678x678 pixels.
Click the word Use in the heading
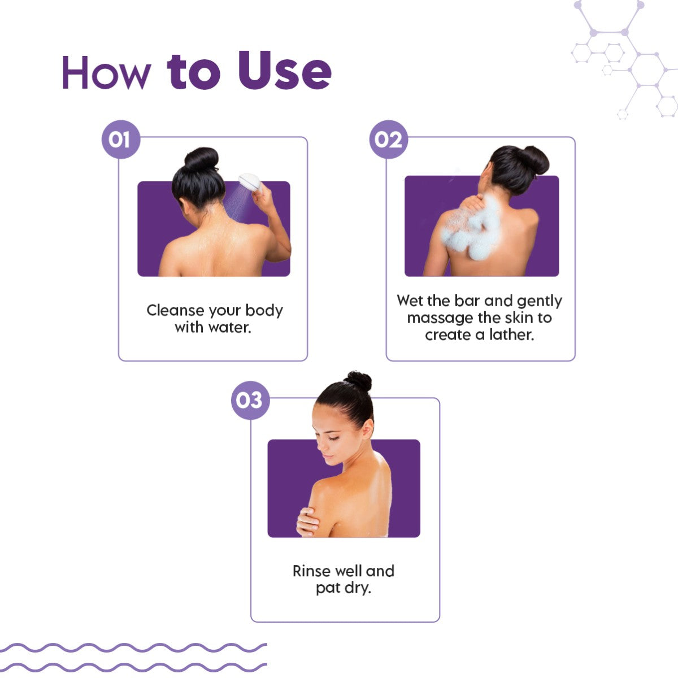pos(285,70)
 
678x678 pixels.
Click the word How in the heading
pos(107,72)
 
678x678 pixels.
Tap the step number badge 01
pos(121,140)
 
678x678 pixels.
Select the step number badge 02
pos(388,140)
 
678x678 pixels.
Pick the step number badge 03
pos(250,400)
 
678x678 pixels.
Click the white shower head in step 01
pos(250,182)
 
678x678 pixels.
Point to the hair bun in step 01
pos(202,159)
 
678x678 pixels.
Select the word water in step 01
pos(229,328)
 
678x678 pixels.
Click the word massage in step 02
pos(440,319)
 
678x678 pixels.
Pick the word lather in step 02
pos(512,334)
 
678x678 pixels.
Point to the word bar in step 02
pos(467,301)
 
